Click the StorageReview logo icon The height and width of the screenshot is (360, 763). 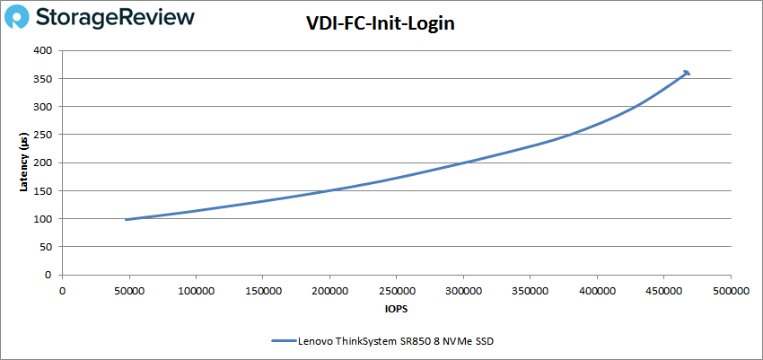click(24, 18)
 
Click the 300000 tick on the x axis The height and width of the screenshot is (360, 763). click(462, 291)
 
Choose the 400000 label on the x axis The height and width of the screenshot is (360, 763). click(596, 291)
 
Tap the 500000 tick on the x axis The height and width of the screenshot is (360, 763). click(730, 291)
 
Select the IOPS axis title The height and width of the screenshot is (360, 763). click(396, 308)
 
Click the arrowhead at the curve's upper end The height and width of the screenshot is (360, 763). click(687, 73)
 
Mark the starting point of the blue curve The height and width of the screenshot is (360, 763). click(127, 219)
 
